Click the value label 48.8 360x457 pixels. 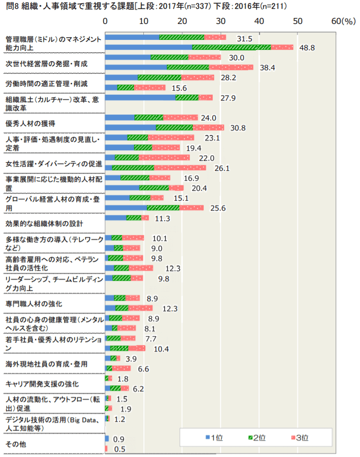point(307,47)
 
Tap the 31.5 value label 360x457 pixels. point(245,38)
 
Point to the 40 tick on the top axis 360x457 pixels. point(258,21)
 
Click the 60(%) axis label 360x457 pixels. point(343,21)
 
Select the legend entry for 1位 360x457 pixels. point(214,438)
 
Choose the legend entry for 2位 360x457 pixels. point(256,438)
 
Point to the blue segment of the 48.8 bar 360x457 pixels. point(148,47)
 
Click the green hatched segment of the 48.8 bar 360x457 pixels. point(231,47)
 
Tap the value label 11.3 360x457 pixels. point(163,218)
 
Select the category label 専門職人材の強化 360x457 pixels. point(33,303)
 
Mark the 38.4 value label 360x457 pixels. point(267,67)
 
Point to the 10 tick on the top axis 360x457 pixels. point(143,21)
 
